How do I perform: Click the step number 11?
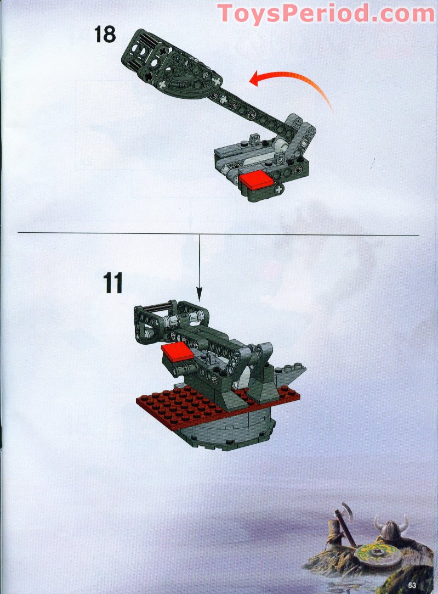[113, 283]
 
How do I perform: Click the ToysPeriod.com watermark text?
[326, 13]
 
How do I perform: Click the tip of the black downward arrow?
[200, 301]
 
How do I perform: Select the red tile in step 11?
[178, 352]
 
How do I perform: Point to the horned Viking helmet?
[391, 528]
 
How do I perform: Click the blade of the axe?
[346, 510]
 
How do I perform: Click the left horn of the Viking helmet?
[378, 522]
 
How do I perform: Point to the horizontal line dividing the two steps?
[218, 234]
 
